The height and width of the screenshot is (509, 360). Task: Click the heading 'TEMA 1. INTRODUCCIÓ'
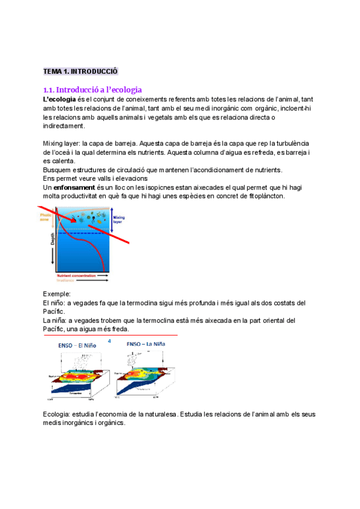tap(80, 71)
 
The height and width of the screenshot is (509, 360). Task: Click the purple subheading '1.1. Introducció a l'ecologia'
tap(92, 89)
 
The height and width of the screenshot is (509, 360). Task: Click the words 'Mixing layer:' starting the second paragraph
tap(61, 143)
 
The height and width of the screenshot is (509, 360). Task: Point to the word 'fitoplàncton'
tap(262, 196)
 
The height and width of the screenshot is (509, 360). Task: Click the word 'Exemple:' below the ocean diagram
tap(57, 294)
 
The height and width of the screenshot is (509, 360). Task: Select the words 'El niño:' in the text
tap(56, 303)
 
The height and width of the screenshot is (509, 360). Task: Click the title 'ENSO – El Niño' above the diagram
tap(77, 346)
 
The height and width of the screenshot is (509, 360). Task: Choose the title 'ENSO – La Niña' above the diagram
tap(145, 345)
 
